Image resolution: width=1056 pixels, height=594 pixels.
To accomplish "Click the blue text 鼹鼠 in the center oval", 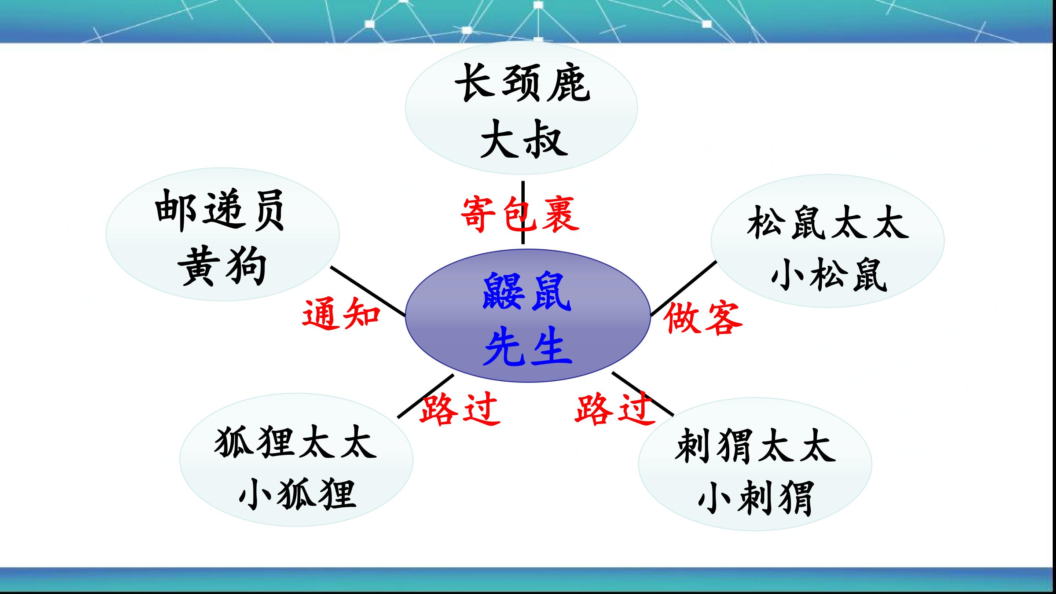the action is coord(527,291).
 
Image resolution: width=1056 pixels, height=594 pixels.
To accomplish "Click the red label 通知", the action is coord(341,314).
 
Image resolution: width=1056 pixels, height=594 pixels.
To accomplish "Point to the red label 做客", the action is coord(703,318).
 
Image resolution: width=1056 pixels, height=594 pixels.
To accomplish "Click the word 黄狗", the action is coord(222,267).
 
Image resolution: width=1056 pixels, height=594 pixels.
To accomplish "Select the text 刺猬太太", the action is coord(755,445).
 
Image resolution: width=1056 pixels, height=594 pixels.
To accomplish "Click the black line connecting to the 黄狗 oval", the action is coord(368,291).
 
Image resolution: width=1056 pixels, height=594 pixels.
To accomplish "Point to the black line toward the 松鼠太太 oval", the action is coord(684,288).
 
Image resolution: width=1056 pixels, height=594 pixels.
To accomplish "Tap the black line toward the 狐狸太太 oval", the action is coord(425,396).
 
